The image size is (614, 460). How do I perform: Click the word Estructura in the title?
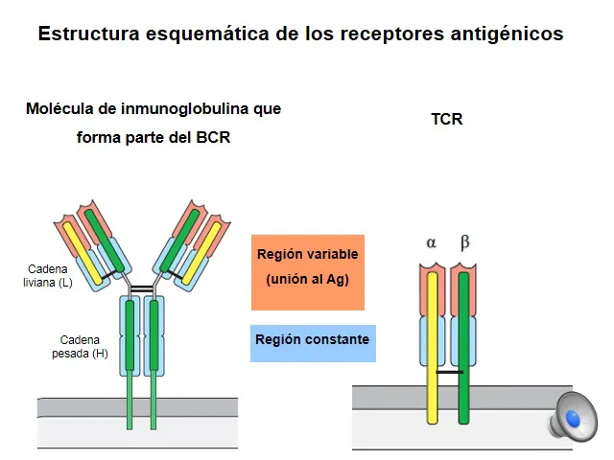[89, 34]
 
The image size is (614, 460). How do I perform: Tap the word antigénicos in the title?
[507, 34]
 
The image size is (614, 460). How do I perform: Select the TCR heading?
[447, 119]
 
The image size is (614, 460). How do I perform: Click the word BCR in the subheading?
[213, 137]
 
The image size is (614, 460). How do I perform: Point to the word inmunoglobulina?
[184, 109]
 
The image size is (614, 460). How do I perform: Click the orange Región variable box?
[308, 272]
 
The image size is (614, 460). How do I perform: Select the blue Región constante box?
[313, 343]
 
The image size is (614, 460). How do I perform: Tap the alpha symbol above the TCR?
[431, 242]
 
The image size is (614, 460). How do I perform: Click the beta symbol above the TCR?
[464, 242]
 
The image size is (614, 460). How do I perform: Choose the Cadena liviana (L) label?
[48, 276]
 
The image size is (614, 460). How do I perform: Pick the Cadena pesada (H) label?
[80, 347]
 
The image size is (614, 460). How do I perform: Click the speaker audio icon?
[573, 416]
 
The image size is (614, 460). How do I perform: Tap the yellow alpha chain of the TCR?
[433, 348]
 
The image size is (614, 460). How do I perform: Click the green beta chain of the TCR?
[463, 348]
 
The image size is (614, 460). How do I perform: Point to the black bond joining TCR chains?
[449, 372]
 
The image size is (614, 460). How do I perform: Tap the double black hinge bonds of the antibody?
[142, 289]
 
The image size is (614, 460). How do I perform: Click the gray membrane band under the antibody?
[137, 407]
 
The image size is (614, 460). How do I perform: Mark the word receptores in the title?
[391, 34]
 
